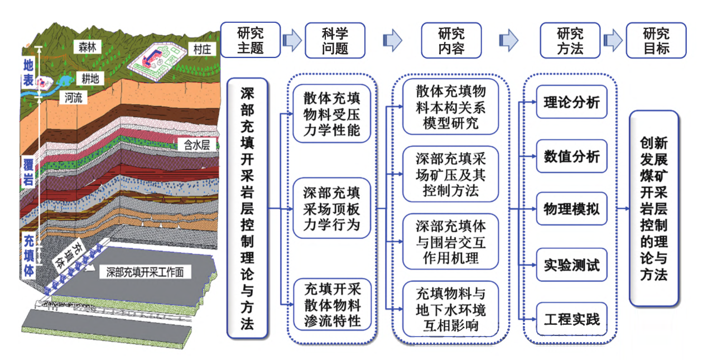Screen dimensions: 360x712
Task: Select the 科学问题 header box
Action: tap(335, 40)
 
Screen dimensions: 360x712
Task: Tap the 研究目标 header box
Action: tap(656, 40)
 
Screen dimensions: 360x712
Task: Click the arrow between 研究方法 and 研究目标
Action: tap(613, 40)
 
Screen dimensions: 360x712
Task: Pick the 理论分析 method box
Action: tap(571, 102)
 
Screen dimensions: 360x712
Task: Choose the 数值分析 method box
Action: tap(571, 156)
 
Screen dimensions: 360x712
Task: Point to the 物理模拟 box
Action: tap(571, 209)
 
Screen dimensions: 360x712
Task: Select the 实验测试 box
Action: tap(571, 265)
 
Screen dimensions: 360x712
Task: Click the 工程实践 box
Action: tap(571, 319)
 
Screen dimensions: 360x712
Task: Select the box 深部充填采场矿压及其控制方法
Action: tap(450, 175)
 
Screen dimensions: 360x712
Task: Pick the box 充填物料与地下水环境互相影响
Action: tap(450, 308)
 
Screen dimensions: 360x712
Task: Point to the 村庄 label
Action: tap(201, 50)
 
